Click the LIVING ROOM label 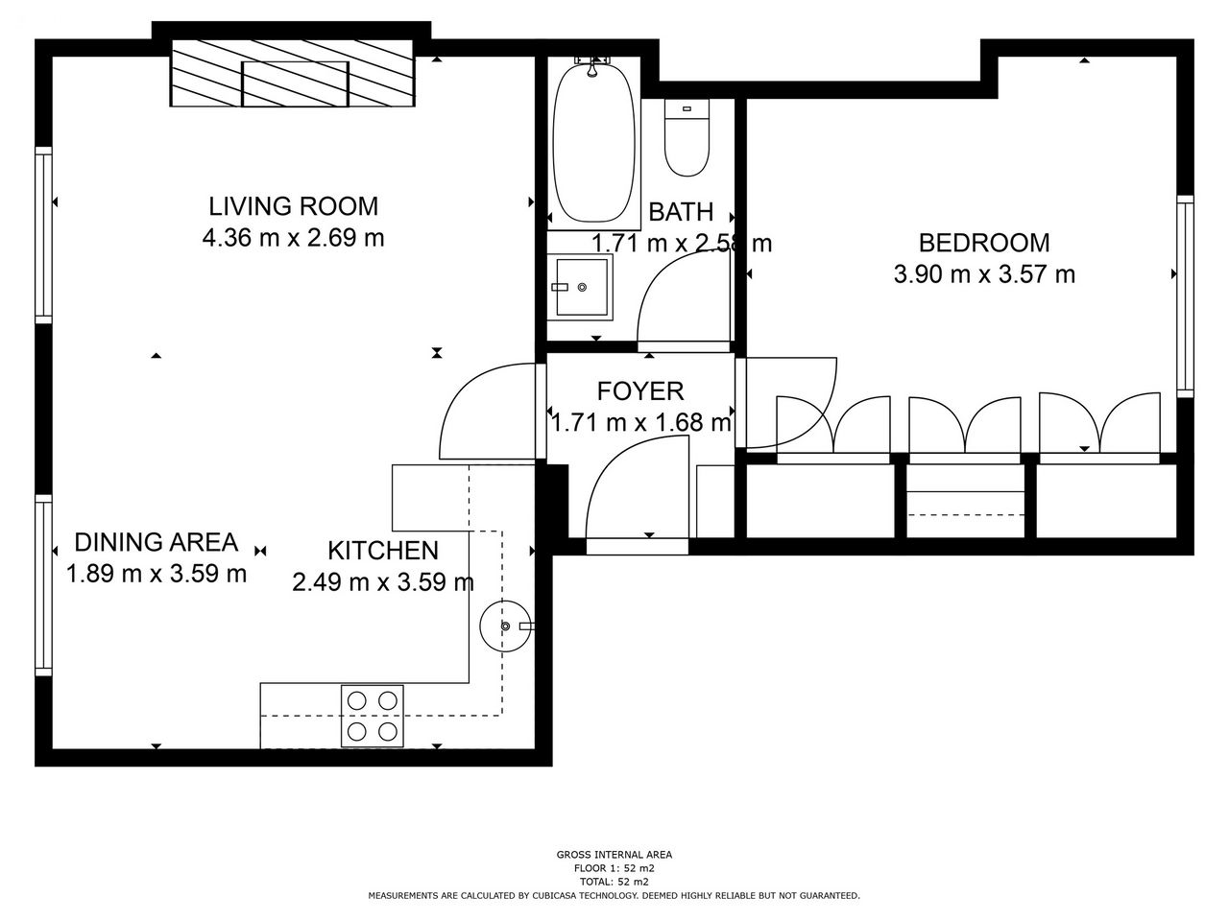(294, 206)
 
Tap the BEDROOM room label (984, 243)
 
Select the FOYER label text (640, 390)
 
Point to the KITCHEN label (383, 551)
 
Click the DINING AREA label (157, 542)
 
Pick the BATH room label (681, 212)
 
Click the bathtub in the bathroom (594, 143)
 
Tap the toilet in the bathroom (687, 137)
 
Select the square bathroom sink (580, 287)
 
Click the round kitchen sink (505, 626)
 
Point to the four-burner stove (373, 716)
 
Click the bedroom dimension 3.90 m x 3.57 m (984, 274)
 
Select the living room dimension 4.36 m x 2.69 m (294, 238)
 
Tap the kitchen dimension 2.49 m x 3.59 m (383, 582)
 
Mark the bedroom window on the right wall (1185, 295)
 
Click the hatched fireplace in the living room (293, 73)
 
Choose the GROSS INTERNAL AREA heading (614, 855)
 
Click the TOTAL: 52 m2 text (614, 882)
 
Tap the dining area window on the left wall (43, 585)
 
